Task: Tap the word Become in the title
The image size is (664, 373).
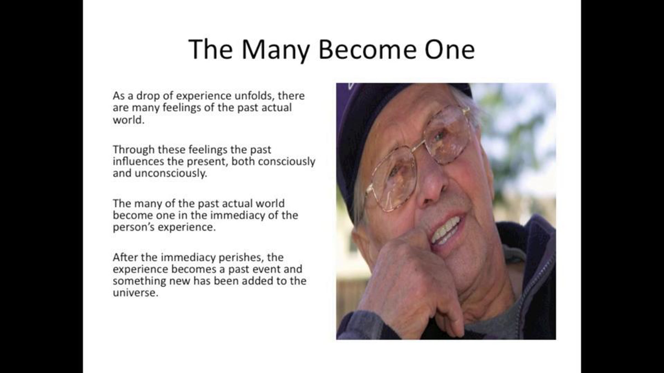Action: tap(368, 49)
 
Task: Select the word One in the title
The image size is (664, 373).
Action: tap(450, 50)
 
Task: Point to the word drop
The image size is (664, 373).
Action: tap(148, 96)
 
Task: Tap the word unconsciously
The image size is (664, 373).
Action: tap(171, 174)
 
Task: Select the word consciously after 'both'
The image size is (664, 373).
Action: tap(287, 162)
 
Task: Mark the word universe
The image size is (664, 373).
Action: tap(136, 293)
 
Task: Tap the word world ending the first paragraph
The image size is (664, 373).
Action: tap(129, 120)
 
